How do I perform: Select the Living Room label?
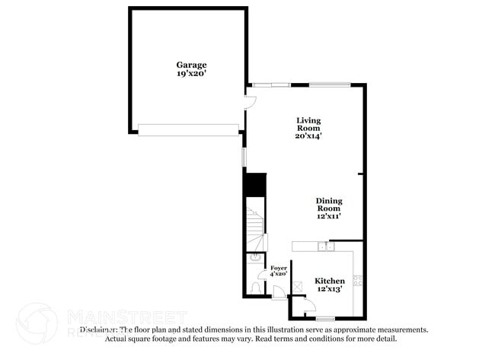pyautogui.click(x=308, y=124)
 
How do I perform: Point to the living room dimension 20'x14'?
pyautogui.click(x=308, y=136)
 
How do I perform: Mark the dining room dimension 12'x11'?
pyautogui.click(x=329, y=216)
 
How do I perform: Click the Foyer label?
pyautogui.click(x=279, y=268)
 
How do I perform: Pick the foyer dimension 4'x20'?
pyautogui.click(x=279, y=274)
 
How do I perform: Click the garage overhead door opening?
pyautogui.click(x=187, y=130)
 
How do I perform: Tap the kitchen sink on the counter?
pyautogui.click(x=325, y=246)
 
